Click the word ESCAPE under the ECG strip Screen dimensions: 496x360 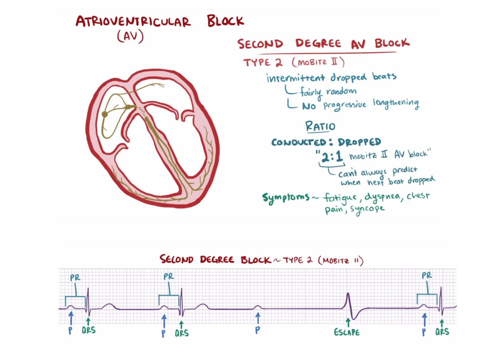point(347,332)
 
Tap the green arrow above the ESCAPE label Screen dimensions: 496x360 point(348,322)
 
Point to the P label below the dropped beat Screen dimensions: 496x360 point(257,330)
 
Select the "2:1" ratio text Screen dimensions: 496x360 point(332,157)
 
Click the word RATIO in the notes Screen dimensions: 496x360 point(320,126)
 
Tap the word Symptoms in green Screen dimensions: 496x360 point(286,197)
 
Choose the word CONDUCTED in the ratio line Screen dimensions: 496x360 point(299,142)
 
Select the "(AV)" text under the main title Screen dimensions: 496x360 point(130,36)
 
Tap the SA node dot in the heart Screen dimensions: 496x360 point(105,114)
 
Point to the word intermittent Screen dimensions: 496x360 point(296,78)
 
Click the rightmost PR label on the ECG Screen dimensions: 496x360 point(427,276)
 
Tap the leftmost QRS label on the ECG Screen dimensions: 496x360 point(88,330)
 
